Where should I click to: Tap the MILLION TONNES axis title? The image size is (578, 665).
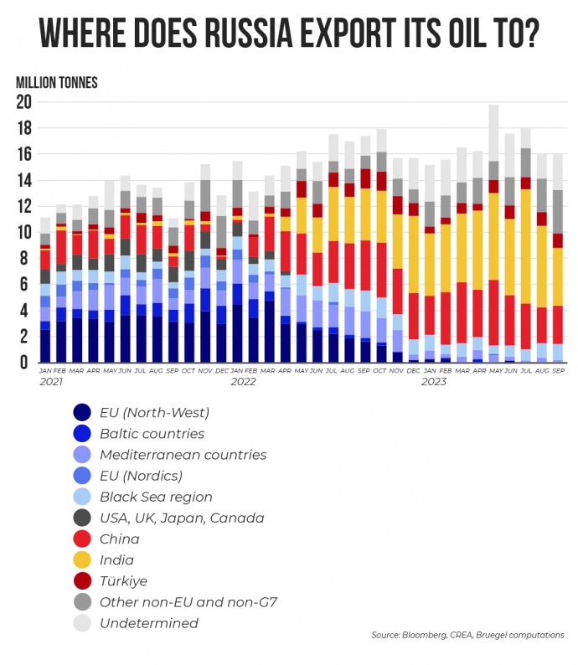(x=57, y=82)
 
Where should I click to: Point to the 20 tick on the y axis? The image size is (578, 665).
(x=23, y=102)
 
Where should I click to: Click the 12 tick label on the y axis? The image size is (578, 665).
(x=23, y=207)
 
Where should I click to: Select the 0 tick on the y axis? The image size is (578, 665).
(x=28, y=363)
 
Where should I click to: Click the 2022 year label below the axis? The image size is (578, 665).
(x=243, y=382)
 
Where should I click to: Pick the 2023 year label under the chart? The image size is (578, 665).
(x=433, y=382)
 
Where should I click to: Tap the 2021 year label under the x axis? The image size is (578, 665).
(x=52, y=382)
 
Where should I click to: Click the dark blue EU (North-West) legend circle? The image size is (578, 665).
(x=82, y=412)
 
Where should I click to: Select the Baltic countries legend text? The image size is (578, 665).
(x=152, y=434)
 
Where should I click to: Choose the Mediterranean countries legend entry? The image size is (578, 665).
(x=183, y=455)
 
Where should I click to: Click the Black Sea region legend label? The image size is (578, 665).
(x=156, y=497)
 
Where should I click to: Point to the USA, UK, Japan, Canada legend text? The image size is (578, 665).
(x=182, y=518)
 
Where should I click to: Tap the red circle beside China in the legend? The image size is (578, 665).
(x=82, y=539)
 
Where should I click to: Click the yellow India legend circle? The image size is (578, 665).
(x=82, y=559)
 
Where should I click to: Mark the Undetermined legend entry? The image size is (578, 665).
(x=149, y=622)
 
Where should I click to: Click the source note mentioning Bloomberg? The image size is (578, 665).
(x=467, y=636)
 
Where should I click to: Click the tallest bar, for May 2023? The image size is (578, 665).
(x=494, y=235)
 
